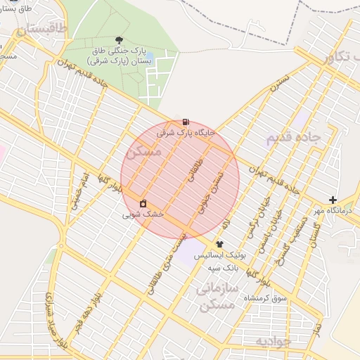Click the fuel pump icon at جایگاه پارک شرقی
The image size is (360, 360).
coord(185,122)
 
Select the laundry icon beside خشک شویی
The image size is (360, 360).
coord(143,203)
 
